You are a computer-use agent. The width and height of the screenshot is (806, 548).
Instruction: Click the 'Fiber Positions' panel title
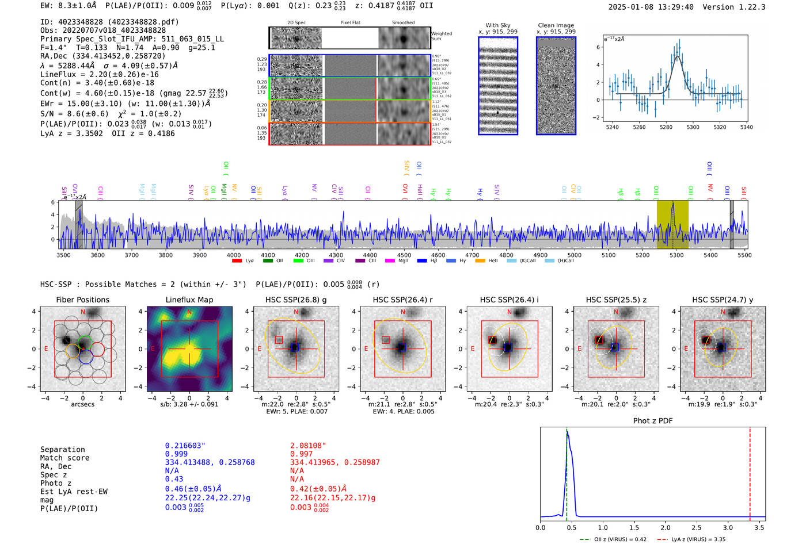[x=82, y=300]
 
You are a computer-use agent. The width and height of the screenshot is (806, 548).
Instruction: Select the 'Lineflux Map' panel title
[x=189, y=300]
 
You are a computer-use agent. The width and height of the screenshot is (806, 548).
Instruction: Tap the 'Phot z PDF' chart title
[x=653, y=421]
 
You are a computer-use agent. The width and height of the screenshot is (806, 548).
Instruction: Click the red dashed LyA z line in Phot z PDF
[x=750, y=472]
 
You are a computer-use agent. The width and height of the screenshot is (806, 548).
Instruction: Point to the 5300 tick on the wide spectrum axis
[x=676, y=255]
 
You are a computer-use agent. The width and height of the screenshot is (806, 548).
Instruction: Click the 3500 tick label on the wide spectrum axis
[x=63, y=255]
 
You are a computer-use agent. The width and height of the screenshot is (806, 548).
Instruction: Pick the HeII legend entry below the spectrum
[x=493, y=261]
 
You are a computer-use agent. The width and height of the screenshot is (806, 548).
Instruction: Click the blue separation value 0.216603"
[x=185, y=446]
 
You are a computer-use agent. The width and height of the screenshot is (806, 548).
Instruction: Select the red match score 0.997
[x=302, y=454]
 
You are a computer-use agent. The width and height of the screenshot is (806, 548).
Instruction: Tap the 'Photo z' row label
[x=56, y=483]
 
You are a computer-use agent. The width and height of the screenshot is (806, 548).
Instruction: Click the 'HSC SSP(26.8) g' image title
[x=296, y=300]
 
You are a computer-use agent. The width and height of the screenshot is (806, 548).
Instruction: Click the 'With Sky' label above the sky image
[x=498, y=25]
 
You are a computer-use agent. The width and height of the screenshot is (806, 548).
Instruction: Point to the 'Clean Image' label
[x=556, y=25]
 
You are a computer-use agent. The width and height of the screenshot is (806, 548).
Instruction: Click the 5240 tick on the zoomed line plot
[x=613, y=127]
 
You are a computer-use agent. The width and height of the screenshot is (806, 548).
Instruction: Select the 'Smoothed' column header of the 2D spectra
[x=403, y=23]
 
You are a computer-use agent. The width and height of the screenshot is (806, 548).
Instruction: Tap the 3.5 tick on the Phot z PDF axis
[x=759, y=527]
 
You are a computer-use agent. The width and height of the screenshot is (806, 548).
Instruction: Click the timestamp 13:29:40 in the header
[x=672, y=7]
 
